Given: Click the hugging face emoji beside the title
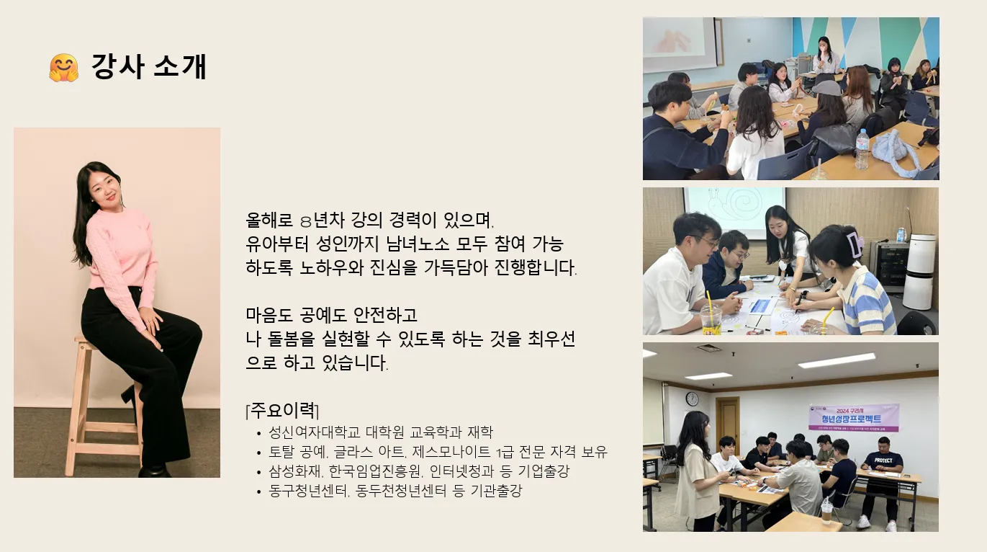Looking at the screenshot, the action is (64, 68).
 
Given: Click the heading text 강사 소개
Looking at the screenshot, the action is (149, 67).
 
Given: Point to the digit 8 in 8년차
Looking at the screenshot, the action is (306, 221).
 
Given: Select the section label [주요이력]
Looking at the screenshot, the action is (282, 411).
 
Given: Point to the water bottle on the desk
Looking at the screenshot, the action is (862, 149).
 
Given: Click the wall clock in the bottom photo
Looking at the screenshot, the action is (692, 399).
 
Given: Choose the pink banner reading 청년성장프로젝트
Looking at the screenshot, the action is (854, 417).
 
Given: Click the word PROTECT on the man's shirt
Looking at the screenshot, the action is (883, 460).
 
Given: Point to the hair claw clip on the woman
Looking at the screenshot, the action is (855, 244).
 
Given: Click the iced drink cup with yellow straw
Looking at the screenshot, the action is (711, 316).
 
